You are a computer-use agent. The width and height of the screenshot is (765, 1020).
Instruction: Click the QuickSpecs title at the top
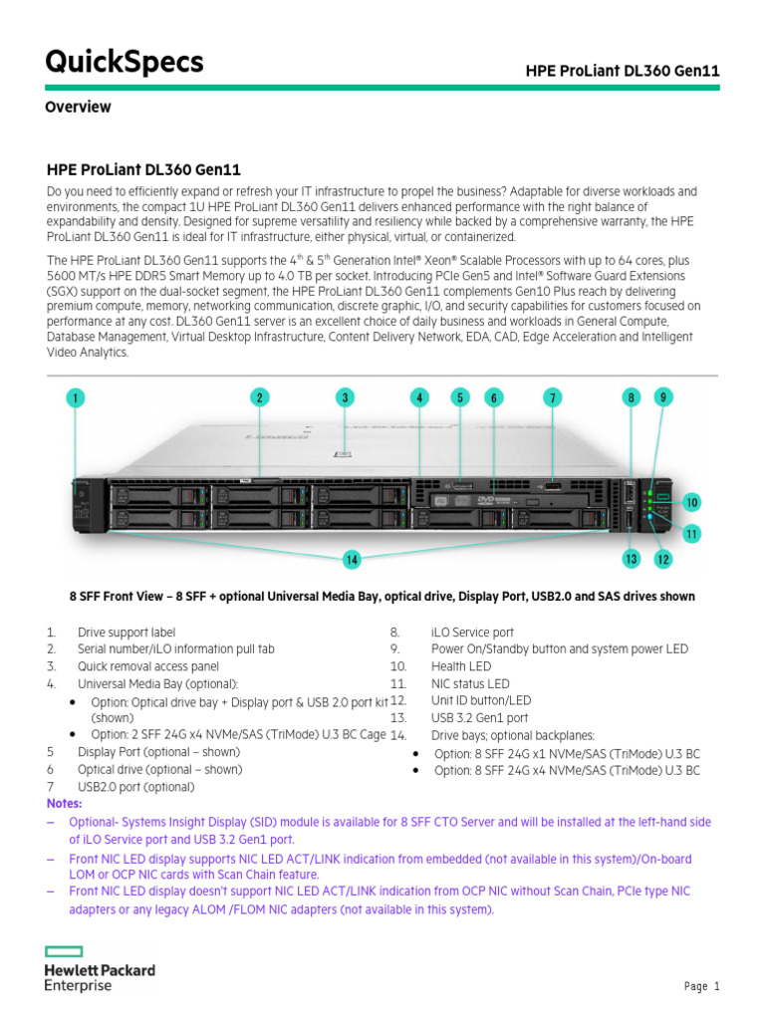pos(125,63)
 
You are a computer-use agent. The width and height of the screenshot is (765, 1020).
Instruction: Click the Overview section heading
pos(78,107)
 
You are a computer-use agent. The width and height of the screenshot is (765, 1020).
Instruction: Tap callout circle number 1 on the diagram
pos(76,398)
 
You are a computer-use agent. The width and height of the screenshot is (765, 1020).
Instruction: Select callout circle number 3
pos(345,397)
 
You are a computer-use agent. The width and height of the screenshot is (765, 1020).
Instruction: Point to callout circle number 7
pos(552,397)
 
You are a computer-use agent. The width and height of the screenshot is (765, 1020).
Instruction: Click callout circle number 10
pos(691,502)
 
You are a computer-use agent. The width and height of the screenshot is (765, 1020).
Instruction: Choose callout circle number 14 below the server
pos(352,560)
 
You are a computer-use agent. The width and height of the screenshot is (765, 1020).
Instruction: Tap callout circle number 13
pos(631,559)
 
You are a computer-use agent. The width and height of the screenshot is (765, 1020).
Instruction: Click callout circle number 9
pos(663,396)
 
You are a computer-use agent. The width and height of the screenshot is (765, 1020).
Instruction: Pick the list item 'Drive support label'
pos(127,633)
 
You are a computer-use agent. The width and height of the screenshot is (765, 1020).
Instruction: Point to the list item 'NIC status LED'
pos(469,683)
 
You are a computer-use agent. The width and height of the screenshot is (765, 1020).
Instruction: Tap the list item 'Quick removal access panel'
pos(148,666)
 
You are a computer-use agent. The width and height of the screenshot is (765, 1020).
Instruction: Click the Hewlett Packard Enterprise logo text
pos(100,977)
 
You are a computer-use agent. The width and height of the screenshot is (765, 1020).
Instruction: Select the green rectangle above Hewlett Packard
pos(65,951)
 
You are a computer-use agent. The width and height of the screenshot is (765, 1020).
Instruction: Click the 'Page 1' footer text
pos(701,986)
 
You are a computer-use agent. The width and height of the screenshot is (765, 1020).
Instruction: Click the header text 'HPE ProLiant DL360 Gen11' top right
pos(623,71)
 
